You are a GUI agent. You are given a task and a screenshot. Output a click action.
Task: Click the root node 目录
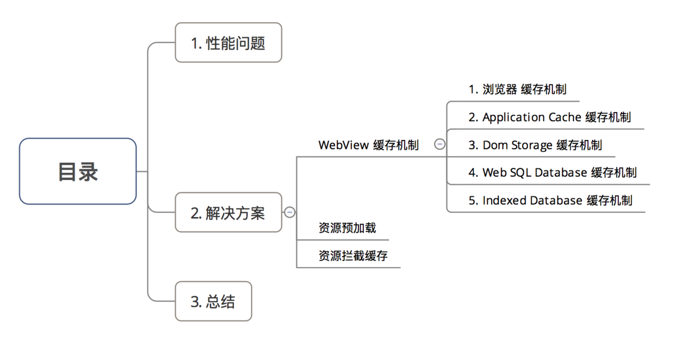(78, 171)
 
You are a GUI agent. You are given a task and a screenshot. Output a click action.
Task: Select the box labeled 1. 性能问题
(228, 43)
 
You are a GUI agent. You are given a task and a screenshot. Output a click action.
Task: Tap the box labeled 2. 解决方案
(228, 212)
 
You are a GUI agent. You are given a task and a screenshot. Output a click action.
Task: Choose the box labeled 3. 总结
(213, 301)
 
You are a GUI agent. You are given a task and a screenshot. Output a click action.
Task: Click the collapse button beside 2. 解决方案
(289, 212)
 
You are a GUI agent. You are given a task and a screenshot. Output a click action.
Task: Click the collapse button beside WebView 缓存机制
(440, 144)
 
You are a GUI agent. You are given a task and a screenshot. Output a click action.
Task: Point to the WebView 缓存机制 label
(368, 145)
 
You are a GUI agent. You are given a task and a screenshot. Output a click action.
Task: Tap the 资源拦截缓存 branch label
(353, 256)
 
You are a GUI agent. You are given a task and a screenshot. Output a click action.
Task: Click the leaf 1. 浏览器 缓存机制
(517, 89)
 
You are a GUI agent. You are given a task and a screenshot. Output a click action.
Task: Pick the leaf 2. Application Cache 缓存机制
(550, 117)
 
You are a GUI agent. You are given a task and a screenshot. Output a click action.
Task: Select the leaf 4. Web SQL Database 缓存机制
(552, 172)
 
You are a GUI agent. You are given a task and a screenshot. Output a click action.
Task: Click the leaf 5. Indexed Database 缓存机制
(550, 200)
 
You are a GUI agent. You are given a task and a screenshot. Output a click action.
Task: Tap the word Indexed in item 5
(503, 200)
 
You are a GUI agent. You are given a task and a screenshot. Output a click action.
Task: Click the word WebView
(343, 145)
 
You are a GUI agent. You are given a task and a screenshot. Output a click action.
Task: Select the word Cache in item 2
(565, 117)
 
